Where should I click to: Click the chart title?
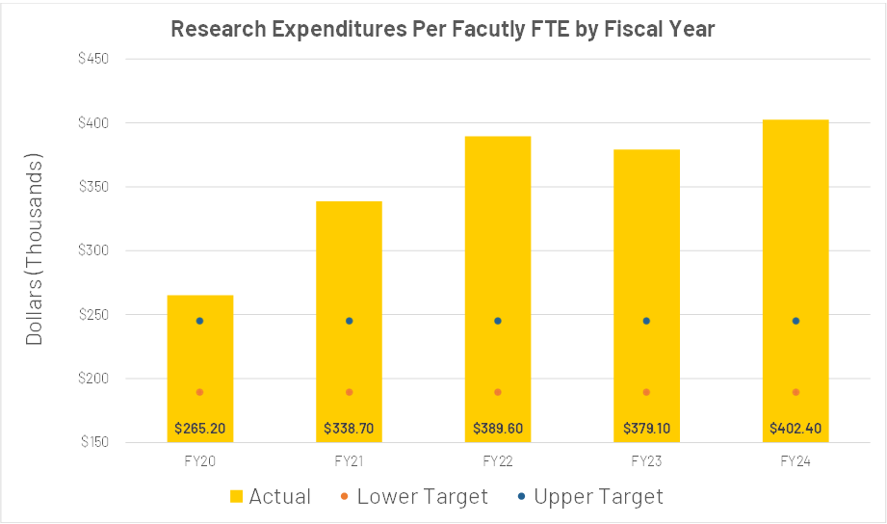coord(443,28)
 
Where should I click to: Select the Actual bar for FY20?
coord(200,356)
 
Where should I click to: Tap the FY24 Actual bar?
coord(796,270)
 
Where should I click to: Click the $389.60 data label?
coord(498,428)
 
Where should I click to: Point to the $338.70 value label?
coord(349,428)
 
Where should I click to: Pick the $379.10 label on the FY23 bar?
coord(646,428)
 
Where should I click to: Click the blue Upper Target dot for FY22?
coord(498,321)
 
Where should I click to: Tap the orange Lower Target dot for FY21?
coord(349,392)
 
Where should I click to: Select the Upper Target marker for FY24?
coord(796,321)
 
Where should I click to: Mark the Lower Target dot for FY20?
coord(200,392)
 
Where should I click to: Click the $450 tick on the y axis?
coord(92,59)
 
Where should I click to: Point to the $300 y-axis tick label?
coord(92,250)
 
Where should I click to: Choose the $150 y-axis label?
coord(92,442)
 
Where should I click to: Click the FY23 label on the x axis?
coord(646,461)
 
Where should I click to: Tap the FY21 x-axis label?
coord(349,461)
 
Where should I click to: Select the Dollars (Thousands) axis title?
coord(35,249)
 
